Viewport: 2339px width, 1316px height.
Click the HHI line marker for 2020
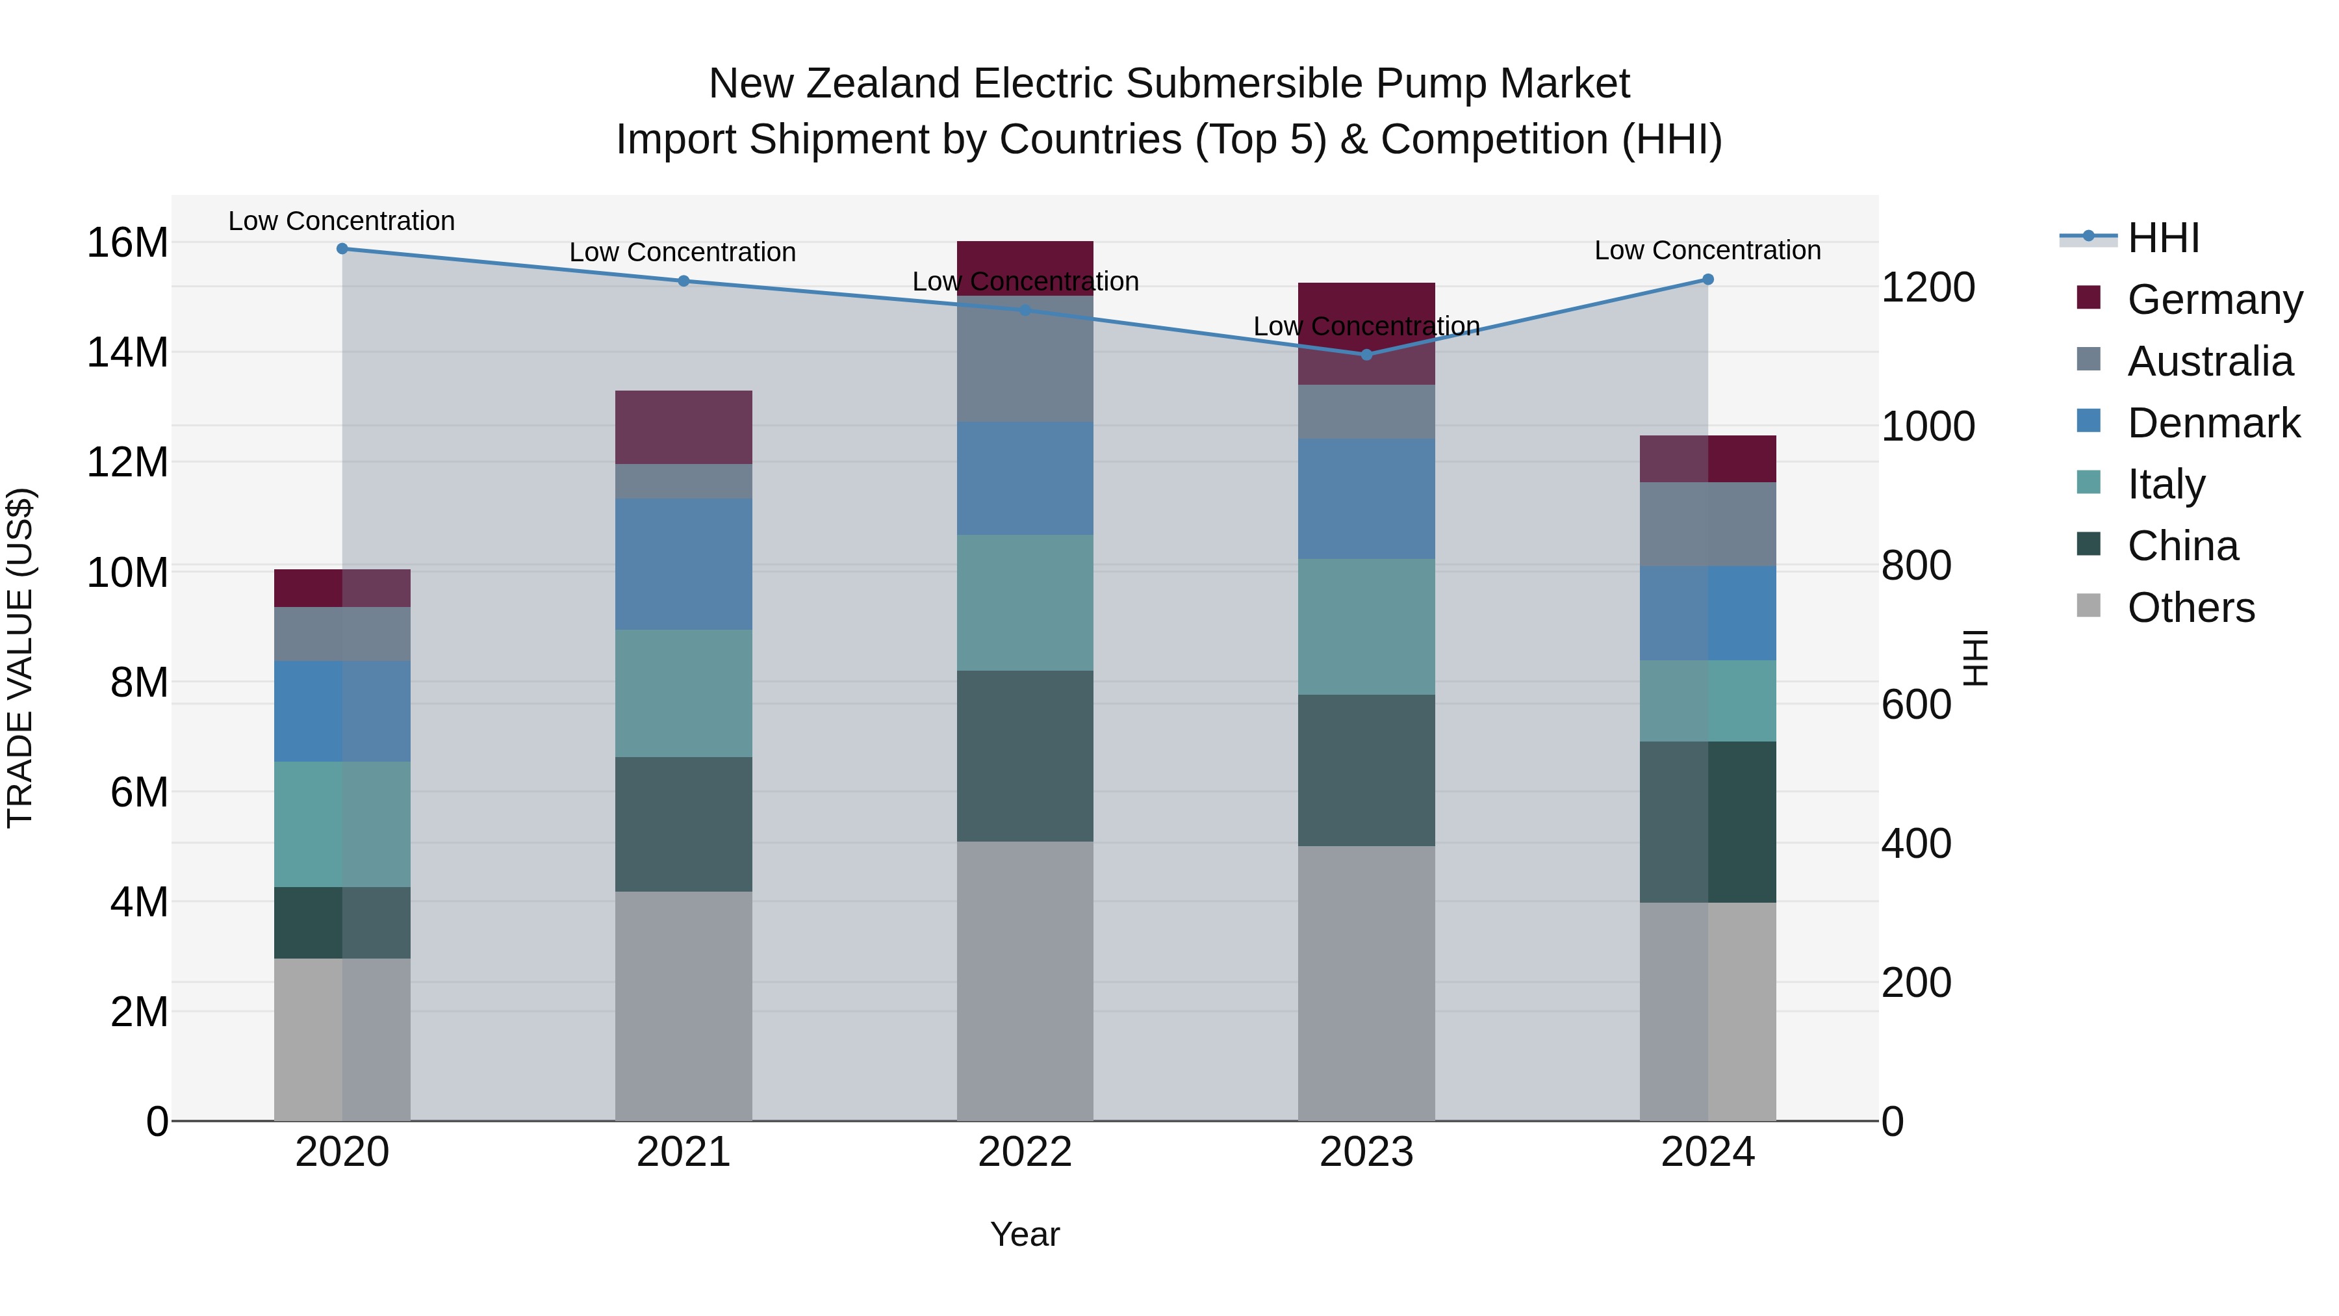click(x=342, y=249)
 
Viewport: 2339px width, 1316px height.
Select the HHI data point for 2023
click(x=1366, y=355)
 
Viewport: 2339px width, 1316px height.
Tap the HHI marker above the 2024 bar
click(x=1708, y=279)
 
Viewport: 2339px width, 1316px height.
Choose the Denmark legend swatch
click(x=2088, y=421)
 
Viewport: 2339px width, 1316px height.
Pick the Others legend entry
click(x=2190, y=608)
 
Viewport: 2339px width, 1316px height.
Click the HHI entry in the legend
click(x=2163, y=238)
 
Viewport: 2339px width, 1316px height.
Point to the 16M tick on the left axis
click(x=127, y=244)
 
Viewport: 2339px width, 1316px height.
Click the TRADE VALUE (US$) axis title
click(x=20, y=658)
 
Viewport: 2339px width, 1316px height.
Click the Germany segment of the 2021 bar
click(x=684, y=428)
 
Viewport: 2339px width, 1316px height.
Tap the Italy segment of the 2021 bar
click(x=684, y=693)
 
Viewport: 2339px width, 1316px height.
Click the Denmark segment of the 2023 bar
click(x=1366, y=498)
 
